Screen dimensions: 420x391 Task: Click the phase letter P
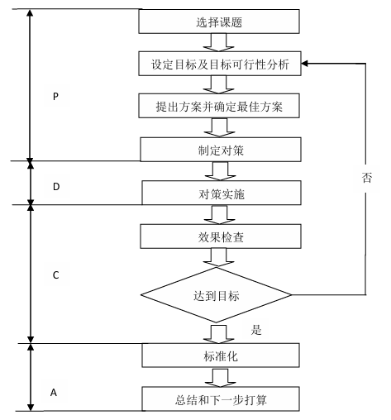(x=55, y=97)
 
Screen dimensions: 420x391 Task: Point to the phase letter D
(x=56, y=187)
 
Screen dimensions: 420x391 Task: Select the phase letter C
(x=55, y=274)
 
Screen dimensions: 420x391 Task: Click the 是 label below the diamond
(x=255, y=330)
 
